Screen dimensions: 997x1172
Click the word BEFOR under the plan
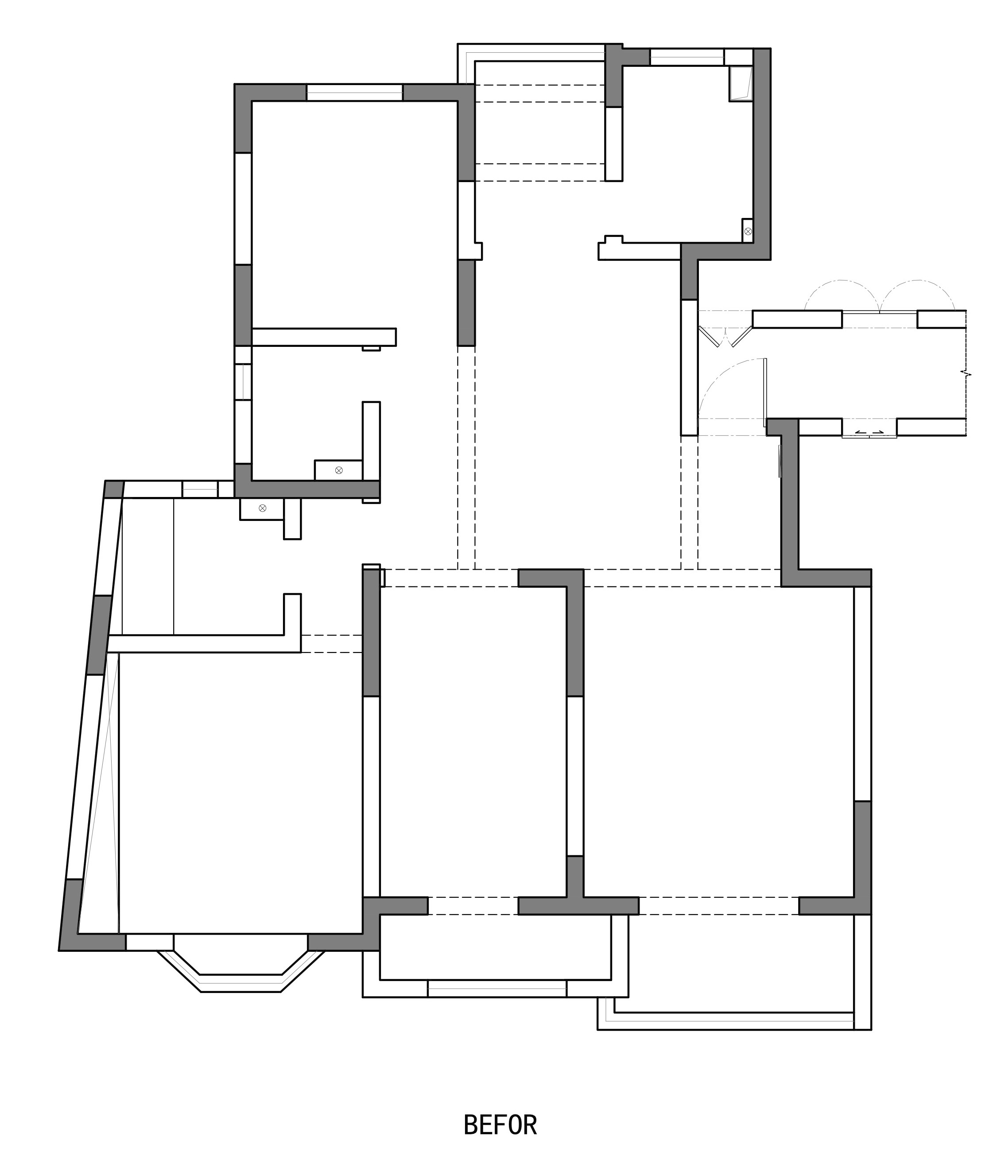tap(500, 1125)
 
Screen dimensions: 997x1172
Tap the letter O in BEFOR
tap(514, 1125)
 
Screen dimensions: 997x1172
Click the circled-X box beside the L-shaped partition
tap(338, 470)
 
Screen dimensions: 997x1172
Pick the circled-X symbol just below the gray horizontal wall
tap(262, 508)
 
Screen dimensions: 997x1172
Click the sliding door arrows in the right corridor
tap(869, 432)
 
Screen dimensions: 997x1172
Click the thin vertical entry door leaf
tap(765, 392)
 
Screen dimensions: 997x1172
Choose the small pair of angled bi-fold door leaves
tap(725, 337)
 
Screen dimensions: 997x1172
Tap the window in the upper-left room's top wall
tap(354, 93)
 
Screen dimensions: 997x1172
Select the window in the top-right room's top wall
tap(687, 57)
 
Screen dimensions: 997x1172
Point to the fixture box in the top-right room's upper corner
tap(741, 84)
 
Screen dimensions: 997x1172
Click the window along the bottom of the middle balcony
tap(497, 988)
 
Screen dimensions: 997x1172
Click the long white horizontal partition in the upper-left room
tap(323, 337)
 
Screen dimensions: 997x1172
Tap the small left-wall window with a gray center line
tap(243, 381)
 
